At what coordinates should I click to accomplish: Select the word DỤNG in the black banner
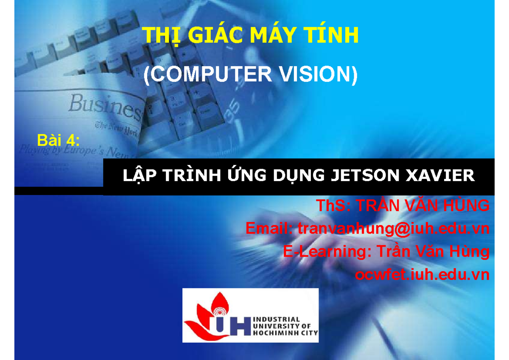click(297, 175)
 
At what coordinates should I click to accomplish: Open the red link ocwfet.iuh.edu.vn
click(422, 275)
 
